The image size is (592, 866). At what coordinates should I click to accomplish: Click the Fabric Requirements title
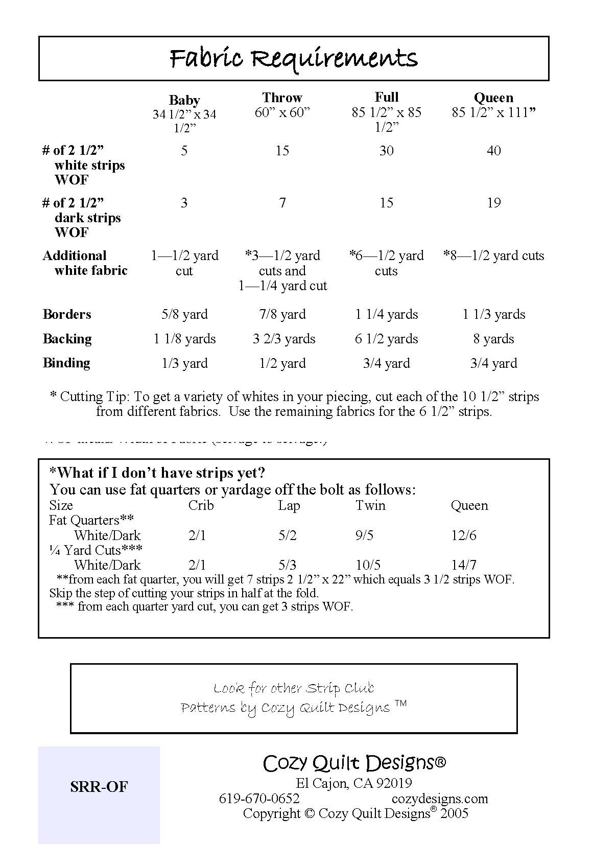coord(294,58)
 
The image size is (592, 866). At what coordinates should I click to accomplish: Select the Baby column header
coord(184,100)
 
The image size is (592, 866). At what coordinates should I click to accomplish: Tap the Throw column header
coord(282,97)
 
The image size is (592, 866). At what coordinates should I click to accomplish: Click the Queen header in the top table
coord(493,97)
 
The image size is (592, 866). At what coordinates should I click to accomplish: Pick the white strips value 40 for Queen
coord(493,151)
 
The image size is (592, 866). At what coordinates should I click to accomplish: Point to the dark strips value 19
coord(493,203)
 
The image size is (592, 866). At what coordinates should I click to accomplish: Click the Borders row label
coord(67,314)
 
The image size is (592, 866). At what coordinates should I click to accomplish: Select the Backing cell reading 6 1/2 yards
coord(386,339)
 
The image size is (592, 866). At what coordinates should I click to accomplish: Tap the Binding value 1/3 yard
coord(184,363)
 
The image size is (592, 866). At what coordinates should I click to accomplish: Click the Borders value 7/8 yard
coord(282,314)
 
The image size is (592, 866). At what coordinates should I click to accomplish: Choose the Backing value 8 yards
coord(493,339)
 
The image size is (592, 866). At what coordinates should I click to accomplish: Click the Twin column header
coord(370,505)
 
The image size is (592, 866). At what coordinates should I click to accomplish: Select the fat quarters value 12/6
coord(463,535)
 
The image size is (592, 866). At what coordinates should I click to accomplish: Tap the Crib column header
coord(201,505)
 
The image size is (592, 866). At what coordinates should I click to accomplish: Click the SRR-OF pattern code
coord(99,787)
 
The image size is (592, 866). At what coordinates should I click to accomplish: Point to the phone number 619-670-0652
coord(259,799)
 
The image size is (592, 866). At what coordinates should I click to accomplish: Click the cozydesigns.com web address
coord(439,799)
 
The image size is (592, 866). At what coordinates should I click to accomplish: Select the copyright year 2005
coord(454,813)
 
